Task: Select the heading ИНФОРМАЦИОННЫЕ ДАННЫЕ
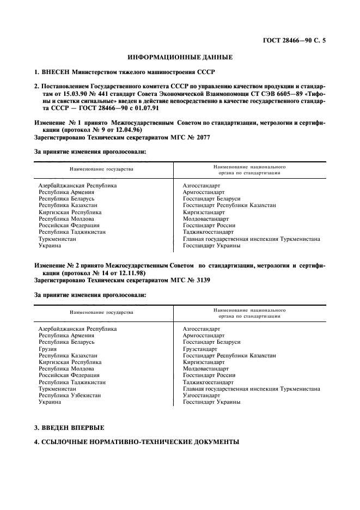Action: point(180,57)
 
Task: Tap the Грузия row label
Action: point(47,349)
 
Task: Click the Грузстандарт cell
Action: point(201,349)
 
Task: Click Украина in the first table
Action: point(50,245)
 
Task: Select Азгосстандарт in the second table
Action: point(202,329)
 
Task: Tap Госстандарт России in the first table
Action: point(209,225)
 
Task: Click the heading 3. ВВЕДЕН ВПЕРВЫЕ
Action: point(69,427)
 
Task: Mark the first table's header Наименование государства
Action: point(101,169)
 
